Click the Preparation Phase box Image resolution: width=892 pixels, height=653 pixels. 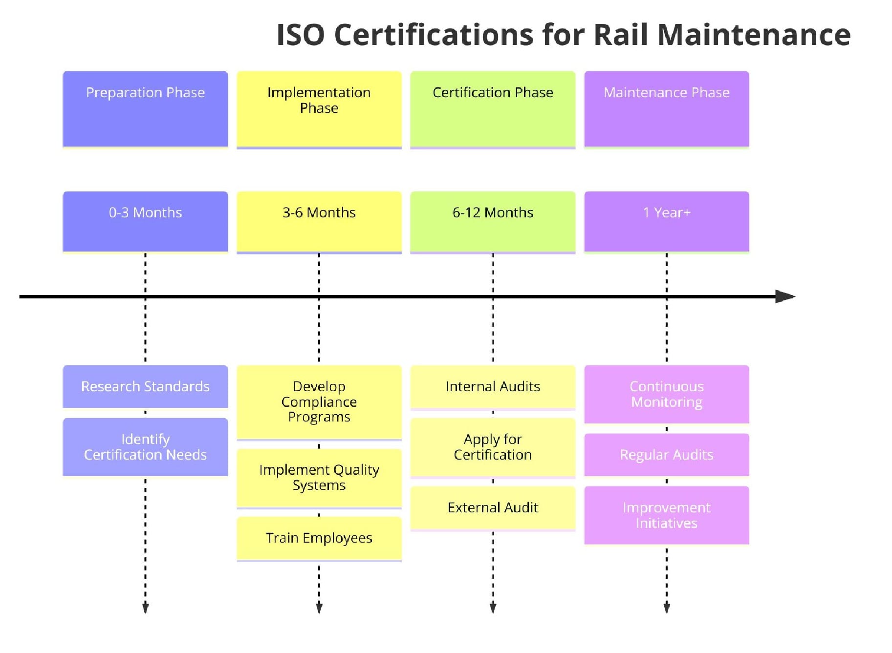145,109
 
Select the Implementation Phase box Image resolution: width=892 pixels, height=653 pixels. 319,109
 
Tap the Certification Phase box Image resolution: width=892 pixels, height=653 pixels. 493,109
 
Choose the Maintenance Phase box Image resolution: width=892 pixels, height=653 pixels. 666,109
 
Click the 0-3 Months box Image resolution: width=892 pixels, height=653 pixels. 145,221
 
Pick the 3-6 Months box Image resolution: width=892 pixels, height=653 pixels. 319,221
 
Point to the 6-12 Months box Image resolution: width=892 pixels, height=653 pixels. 493,221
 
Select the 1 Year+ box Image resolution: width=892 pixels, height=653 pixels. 666,221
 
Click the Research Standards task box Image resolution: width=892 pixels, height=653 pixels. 145,386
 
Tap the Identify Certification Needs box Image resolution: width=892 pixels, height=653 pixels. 145,447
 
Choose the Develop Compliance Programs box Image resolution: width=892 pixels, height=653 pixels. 319,402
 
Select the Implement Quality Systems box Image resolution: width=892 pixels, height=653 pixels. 319,478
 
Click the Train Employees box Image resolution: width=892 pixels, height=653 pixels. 319,538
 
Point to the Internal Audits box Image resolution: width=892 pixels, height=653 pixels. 493,387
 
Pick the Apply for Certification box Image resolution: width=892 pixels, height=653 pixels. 493,447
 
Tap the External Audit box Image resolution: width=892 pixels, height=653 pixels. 493,508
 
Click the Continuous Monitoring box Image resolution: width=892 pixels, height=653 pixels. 666,394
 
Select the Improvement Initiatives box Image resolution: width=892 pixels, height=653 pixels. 666,515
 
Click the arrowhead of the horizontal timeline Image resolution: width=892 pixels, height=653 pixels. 785,296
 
